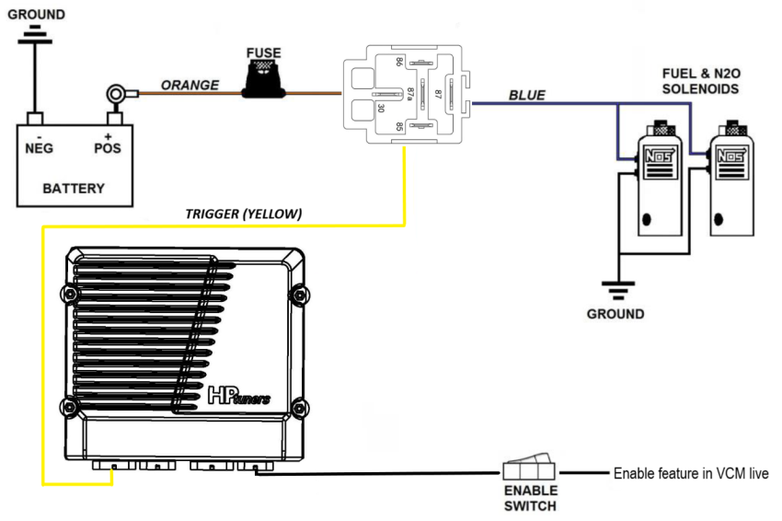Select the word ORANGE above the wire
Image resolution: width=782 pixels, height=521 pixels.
(x=190, y=85)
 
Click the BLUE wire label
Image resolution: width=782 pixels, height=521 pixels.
(x=527, y=95)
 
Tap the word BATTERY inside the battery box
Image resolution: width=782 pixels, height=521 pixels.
(x=75, y=188)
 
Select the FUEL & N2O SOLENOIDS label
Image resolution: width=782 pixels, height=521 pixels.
(x=700, y=82)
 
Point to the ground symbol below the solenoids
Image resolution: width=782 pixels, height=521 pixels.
(x=615, y=288)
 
